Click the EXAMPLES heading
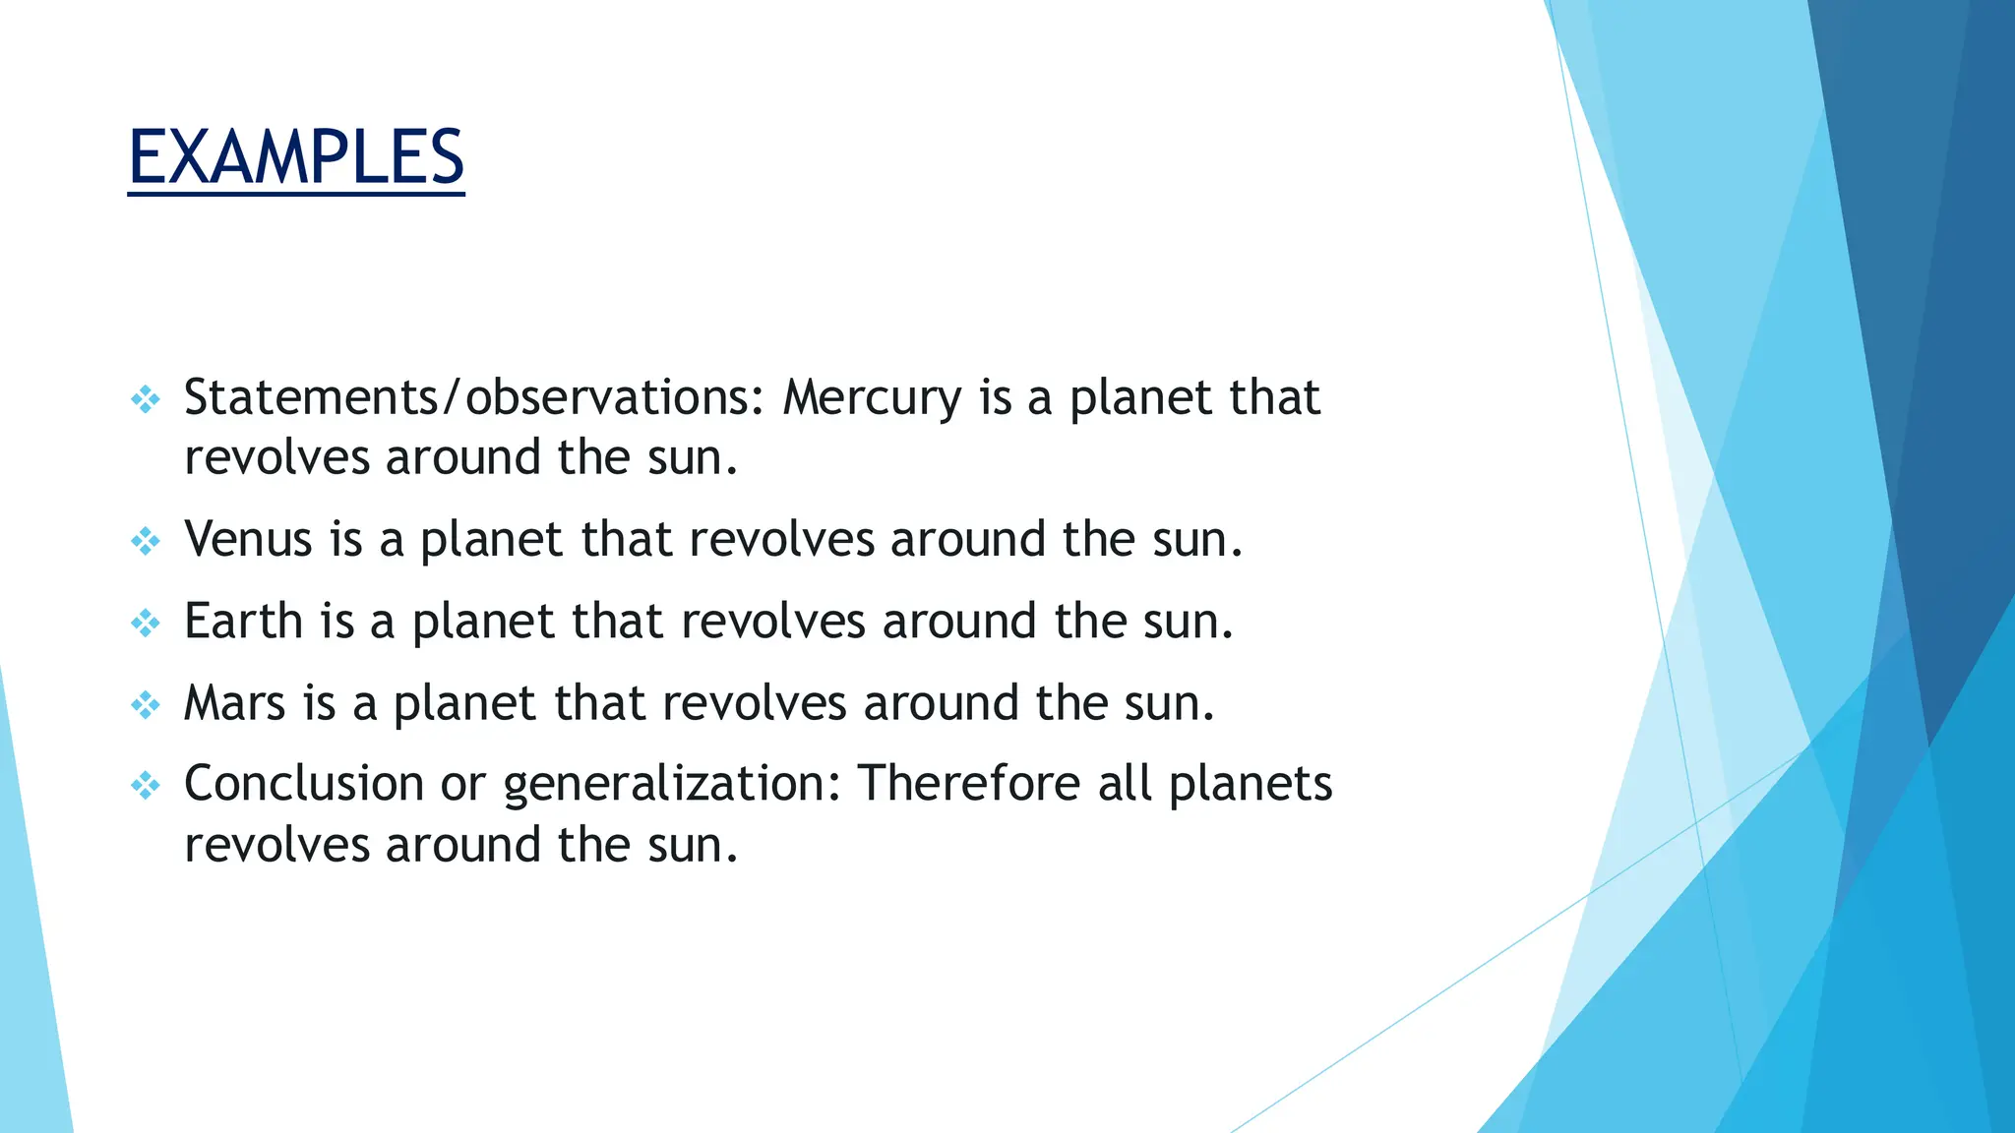[295, 157]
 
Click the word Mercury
[872, 398]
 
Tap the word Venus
[248, 540]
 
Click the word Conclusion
[303, 784]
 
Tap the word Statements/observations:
[473, 398]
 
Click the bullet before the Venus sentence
[146, 541]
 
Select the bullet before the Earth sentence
[146, 623]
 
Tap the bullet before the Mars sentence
[146, 704]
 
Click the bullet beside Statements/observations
[146, 399]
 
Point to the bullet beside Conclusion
[146, 785]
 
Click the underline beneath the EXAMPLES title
[295, 194]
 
